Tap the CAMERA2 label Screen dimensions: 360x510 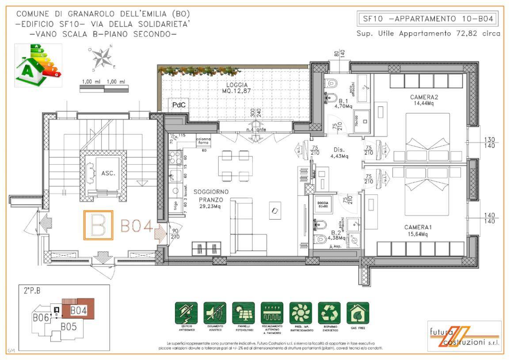click(x=424, y=97)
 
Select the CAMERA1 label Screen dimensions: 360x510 click(x=418, y=227)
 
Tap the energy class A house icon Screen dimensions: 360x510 click(x=38, y=65)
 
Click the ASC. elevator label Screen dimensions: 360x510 click(x=108, y=173)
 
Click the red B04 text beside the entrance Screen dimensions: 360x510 click(x=137, y=227)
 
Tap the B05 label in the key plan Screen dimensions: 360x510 click(x=69, y=327)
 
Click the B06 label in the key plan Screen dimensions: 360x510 click(x=40, y=317)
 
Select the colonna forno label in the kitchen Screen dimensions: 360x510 click(x=203, y=141)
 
